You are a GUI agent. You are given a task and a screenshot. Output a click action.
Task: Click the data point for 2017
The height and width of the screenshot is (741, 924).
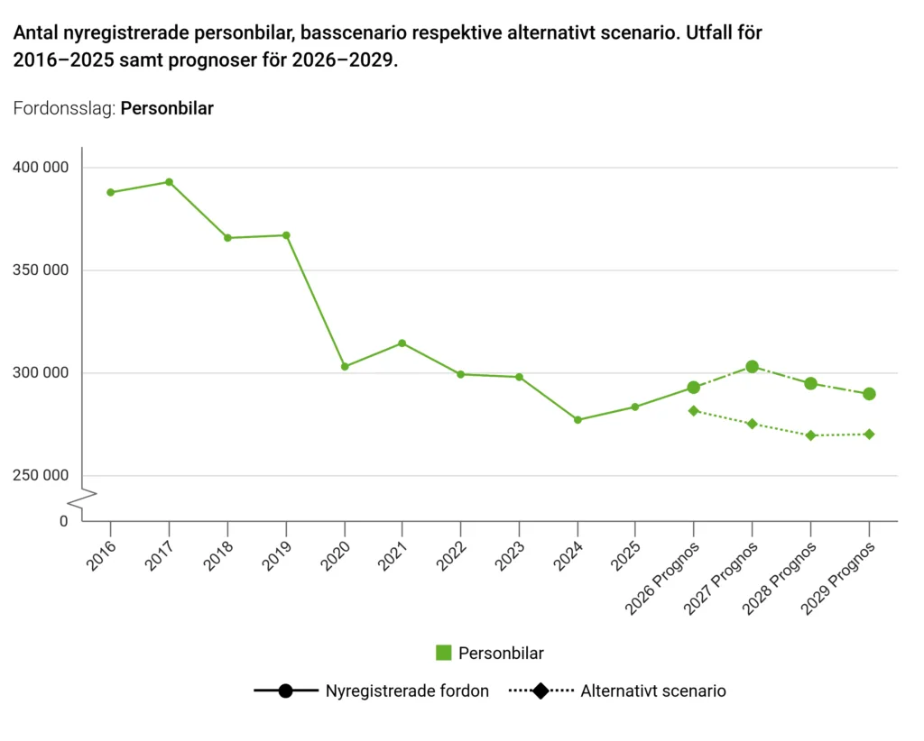[x=169, y=182]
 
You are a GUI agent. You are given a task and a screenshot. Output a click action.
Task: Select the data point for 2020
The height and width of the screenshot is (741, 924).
[x=345, y=367]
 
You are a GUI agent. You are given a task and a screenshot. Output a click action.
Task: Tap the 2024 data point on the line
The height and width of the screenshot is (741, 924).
[x=577, y=420]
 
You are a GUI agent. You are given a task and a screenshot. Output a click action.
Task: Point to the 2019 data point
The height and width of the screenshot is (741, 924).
[x=286, y=235]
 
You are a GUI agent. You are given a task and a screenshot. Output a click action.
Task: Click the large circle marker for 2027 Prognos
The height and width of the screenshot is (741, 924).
[x=752, y=367]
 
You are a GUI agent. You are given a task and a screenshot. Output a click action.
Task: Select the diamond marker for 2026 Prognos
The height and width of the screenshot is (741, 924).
[x=694, y=411]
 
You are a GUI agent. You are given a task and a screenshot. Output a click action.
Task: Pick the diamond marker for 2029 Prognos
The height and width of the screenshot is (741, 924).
[x=869, y=435]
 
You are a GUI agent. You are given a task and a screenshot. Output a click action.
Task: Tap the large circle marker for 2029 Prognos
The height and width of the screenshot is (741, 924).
[x=869, y=394]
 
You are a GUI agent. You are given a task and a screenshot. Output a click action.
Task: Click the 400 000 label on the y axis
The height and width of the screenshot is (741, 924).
[x=41, y=168]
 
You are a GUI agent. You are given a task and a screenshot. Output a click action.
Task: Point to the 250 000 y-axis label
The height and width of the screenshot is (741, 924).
[x=41, y=476]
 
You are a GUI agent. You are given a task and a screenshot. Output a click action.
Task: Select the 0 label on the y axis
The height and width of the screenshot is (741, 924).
[x=64, y=521]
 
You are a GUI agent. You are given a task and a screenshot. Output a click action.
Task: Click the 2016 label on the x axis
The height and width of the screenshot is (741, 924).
[x=101, y=556]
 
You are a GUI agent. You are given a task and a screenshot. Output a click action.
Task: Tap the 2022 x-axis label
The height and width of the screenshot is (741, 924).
[x=451, y=556]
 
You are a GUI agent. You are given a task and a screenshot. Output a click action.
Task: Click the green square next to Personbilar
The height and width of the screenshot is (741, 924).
[x=444, y=653]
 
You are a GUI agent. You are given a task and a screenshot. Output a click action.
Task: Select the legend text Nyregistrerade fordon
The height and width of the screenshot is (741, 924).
[x=407, y=691]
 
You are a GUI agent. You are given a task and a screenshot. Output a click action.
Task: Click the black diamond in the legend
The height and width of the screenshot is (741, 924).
[x=541, y=691]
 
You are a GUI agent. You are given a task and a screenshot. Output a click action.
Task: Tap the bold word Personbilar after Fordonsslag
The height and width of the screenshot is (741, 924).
[x=167, y=109]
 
